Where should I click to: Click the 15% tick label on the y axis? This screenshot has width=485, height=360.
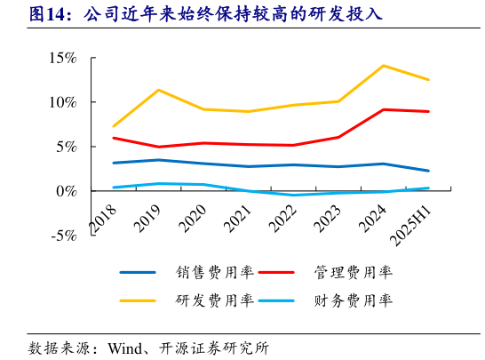click(x=62, y=58)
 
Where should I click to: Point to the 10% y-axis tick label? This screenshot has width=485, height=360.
click(x=62, y=102)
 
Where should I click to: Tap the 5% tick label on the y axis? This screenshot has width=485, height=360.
click(x=66, y=147)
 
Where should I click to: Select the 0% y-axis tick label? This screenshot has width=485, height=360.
click(x=66, y=191)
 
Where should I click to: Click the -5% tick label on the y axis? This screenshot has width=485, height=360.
click(x=63, y=236)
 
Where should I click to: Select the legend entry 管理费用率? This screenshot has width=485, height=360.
click(x=352, y=272)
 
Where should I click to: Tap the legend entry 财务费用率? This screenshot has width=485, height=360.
click(x=352, y=300)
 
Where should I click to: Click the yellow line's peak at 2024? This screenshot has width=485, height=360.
click(x=383, y=66)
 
